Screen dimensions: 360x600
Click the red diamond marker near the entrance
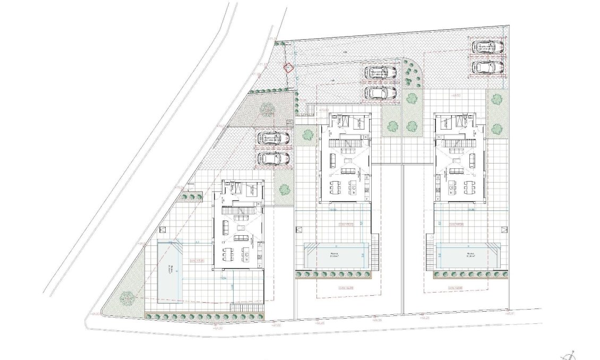click(x=288, y=68)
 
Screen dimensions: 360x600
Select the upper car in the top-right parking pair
click(x=488, y=47)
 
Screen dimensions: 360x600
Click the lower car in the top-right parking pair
click(x=488, y=67)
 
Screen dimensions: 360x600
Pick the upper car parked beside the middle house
click(x=381, y=71)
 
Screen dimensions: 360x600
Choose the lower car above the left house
click(x=273, y=158)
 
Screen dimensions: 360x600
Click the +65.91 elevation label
click(x=511, y=314)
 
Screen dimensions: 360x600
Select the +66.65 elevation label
click(x=320, y=322)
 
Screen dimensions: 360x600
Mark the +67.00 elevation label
click(x=276, y=325)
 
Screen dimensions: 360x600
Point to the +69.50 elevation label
click(x=455, y=96)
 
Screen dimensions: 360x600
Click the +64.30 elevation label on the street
click(x=217, y=328)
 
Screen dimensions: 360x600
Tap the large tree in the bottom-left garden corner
click(x=126, y=298)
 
